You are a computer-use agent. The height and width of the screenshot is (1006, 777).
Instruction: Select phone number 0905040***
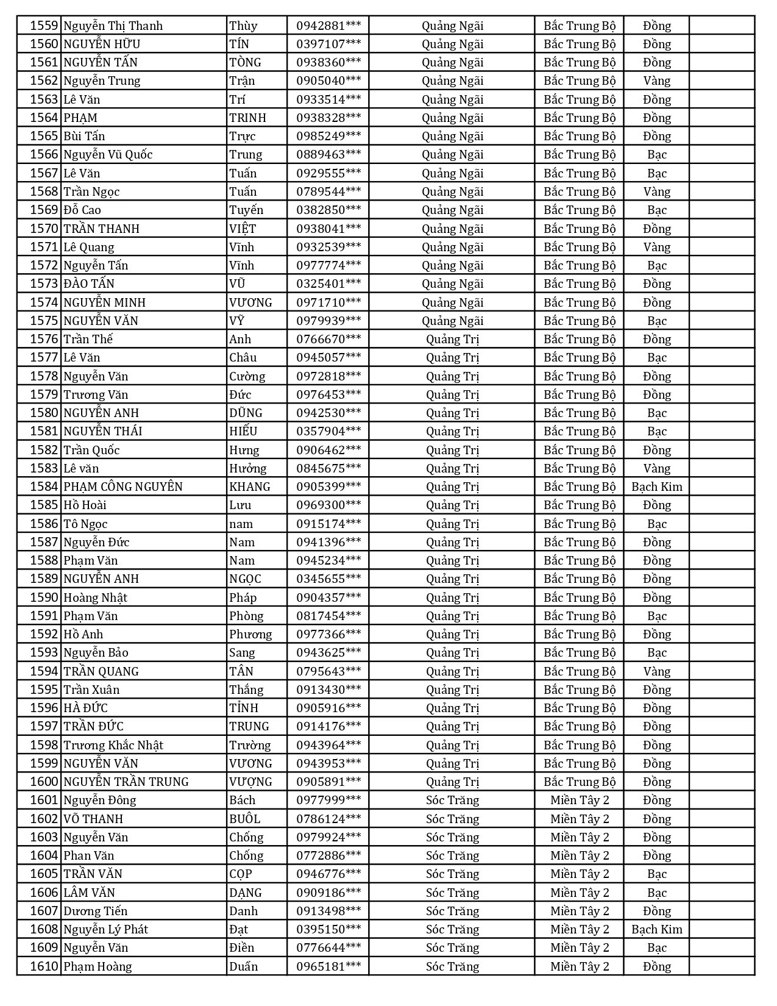point(328,81)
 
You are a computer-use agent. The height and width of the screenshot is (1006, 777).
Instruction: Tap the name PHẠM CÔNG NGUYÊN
point(123,487)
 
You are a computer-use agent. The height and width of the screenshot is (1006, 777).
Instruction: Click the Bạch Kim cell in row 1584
point(656,487)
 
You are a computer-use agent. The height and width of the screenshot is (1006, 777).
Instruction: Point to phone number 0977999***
point(328,800)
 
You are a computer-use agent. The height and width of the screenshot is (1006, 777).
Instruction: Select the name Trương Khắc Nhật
point(113,745)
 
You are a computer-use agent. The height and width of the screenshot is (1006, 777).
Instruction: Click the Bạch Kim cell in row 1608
point(656,929)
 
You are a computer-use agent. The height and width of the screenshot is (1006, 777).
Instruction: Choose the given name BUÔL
point(245,819)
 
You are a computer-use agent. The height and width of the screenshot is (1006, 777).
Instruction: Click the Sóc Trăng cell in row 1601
point(452,800)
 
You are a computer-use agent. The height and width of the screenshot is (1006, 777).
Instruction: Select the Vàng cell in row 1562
point(656,81)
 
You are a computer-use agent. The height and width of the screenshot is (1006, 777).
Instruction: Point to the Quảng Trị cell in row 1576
point(452,339)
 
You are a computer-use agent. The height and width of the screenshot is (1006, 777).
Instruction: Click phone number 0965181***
point(328,966)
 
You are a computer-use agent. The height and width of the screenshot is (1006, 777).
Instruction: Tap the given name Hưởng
point(248,468)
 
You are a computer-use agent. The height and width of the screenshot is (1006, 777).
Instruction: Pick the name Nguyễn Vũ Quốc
point(108,155)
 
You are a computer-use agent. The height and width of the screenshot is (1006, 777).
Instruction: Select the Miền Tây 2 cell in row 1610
point(580,966)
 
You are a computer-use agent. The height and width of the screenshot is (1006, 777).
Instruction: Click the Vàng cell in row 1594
point(656,671)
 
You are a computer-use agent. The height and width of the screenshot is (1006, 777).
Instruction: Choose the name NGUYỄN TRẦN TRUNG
point(126,782)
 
